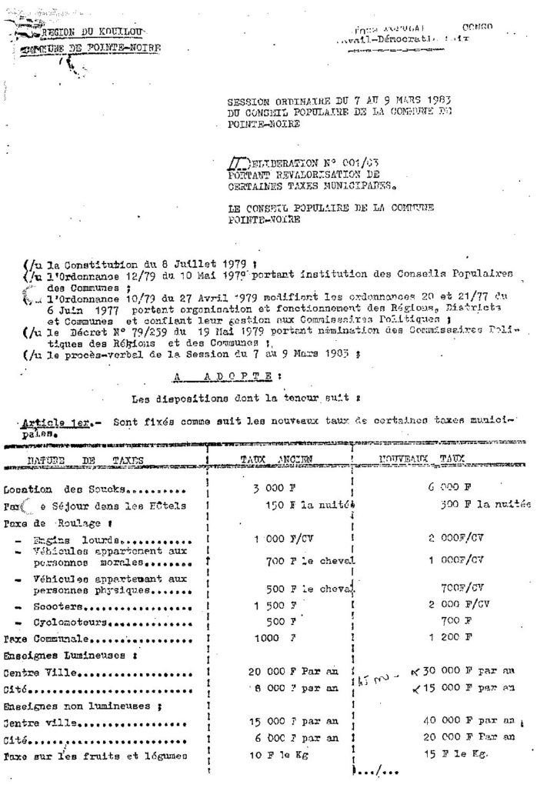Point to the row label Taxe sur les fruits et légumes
[x=95, y=756]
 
